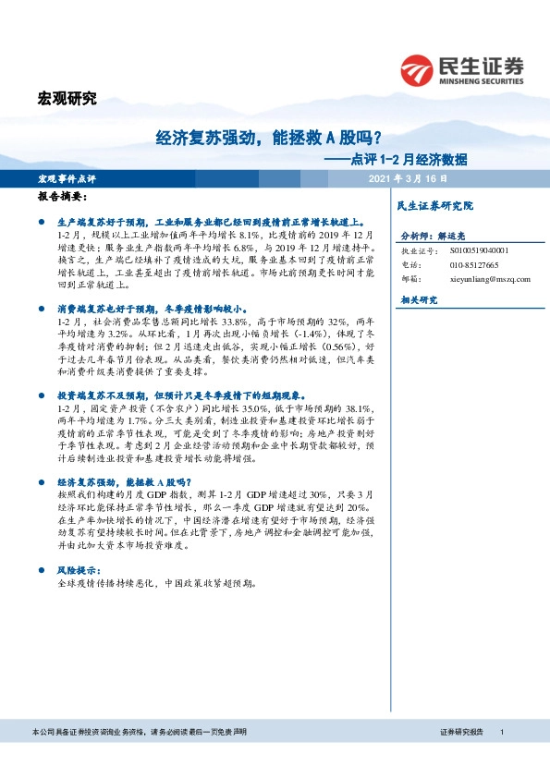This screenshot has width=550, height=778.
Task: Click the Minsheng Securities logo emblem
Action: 418,67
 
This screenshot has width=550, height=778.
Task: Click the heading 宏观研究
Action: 66,99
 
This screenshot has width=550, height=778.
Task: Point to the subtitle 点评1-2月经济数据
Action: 404,158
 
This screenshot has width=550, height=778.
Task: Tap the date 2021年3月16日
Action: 407,177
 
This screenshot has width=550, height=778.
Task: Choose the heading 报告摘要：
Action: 63,197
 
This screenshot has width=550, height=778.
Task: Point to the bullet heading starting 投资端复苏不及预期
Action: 181,395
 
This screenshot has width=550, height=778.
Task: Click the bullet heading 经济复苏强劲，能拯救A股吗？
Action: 124,481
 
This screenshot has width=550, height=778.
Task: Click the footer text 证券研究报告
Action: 461,732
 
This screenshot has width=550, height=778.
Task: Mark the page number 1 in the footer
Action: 500,732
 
